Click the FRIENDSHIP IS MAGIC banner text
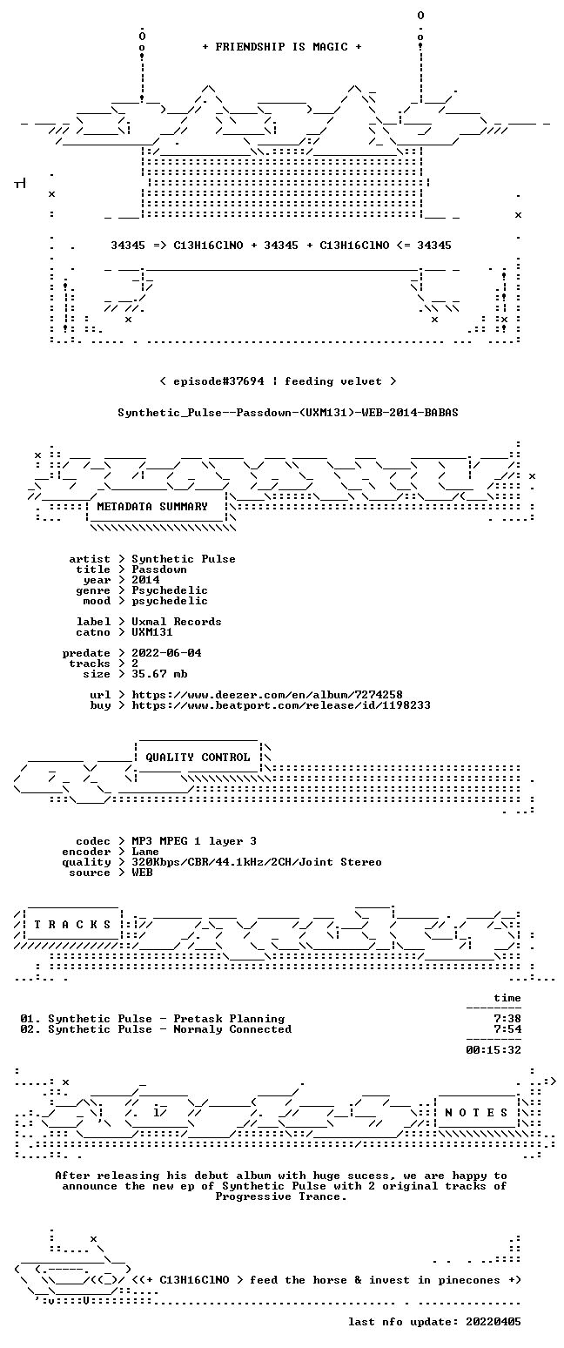click(x=282, y=47)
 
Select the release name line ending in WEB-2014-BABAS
click(x=288, y=413)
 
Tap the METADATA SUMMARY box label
click(x=152, y=507)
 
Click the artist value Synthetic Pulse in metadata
click(x=184, y=560)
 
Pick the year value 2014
click(x=145, y=580)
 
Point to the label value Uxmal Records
click(x=177, y=622)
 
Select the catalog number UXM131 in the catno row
click(x=152, y=632)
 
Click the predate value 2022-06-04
click(x=166, y=653)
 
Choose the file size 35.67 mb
click(x=159, y=674)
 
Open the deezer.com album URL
click(x=267, y=695)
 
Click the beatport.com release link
click(x=281, y=705)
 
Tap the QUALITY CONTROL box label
click(x=198, y=758)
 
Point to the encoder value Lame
click(x=145, y=853)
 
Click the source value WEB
click(x=142, y=873)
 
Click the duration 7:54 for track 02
click(x=507, y=1029)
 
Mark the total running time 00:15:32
click(x=493, y=1050)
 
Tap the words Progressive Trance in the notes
click(x=281, y=1197)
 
